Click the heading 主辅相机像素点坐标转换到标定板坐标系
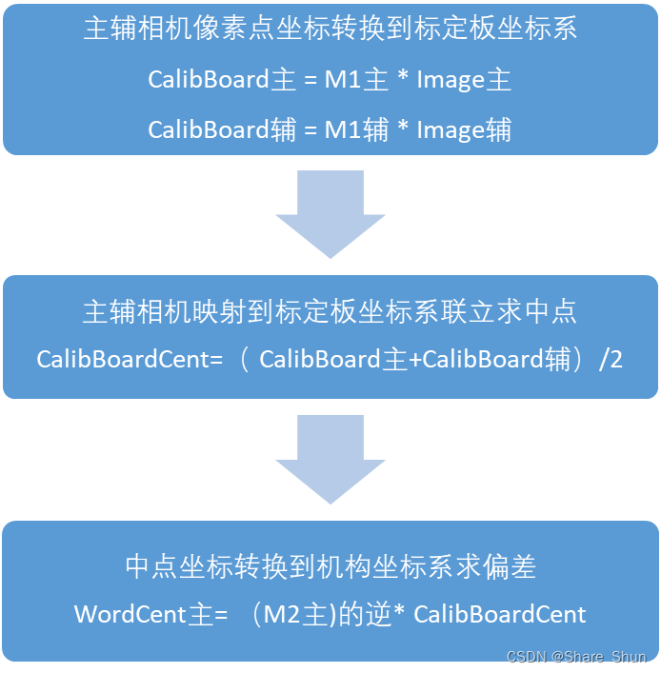330,29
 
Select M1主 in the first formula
356,79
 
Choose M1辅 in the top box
356,129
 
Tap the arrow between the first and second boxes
330,213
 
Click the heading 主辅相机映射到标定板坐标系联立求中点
330,311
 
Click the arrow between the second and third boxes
330,459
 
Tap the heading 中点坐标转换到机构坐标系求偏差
330,567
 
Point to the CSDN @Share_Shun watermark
577,658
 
